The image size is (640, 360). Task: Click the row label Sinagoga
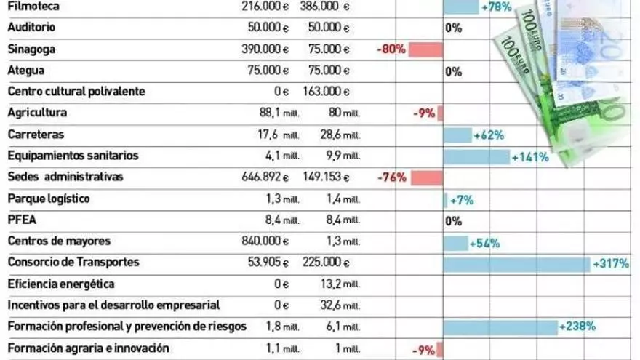click(x=31, y=49)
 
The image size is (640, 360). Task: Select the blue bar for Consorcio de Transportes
click(x=516, y=264)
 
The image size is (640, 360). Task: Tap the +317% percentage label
click(x=611, y=264)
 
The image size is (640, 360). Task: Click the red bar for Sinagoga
click(x=425, y=49)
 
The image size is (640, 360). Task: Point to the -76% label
click(x=392, y=177)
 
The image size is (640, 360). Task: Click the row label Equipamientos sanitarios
click(x=73, y=156)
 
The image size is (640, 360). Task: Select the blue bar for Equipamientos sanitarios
click(x=476, y=156)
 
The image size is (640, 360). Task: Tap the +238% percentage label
click(x=579, y=327)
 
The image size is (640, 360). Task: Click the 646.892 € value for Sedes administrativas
click(x=265, y=177)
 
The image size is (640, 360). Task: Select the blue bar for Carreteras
click(x=457, y=135)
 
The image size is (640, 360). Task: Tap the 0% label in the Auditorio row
click(x=454, y=28)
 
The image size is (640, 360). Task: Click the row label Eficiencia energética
click(x=61, y=284)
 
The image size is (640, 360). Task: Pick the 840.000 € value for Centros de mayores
click(x=265, y=241)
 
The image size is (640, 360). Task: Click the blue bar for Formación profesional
click(x=500, y=327)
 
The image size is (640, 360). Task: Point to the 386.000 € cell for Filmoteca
click(x=326, y=6)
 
